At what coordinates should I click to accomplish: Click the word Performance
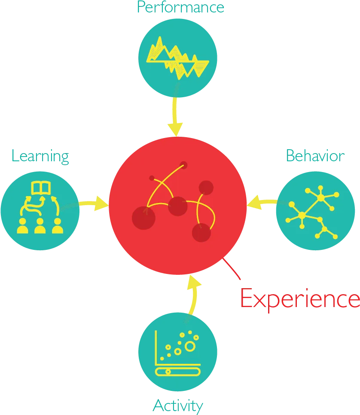(180, 7)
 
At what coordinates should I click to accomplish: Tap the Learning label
(40, 156)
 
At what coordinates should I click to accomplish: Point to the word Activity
(178, 406)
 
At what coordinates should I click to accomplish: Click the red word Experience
(300, 299)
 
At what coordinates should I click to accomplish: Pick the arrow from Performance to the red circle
(175, 111)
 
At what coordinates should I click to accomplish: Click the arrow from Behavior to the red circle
(264, 203)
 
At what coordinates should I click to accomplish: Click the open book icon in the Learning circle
(41, 188)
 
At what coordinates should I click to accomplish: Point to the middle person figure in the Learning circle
(40, 226)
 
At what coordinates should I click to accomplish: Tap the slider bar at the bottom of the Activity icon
(177, 372)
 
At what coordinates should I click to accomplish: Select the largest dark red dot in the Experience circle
(143, 218)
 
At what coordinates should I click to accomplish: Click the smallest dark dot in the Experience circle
(152, 178)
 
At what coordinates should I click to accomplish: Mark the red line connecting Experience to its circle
(232, 268)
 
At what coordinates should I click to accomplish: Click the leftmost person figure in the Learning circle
(22, 226)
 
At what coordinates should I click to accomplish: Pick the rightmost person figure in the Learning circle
(58, 226)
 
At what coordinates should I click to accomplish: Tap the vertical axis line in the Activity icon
(156, 347)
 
